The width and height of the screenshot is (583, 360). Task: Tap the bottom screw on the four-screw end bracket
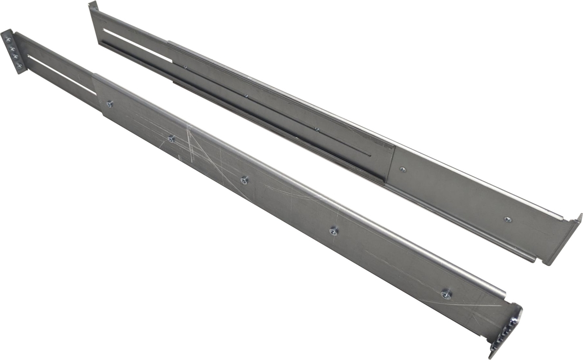pos(18,66)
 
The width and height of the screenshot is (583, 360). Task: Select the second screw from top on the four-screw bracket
pos(12,48)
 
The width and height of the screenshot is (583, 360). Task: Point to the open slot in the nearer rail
pos(61,74)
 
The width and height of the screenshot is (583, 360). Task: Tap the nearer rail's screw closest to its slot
pos(109,104)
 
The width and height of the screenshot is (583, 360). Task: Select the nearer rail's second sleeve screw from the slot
pos(171,139)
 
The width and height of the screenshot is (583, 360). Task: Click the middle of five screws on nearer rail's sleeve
pos(244,180)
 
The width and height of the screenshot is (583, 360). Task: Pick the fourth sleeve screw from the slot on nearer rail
pos(333,230)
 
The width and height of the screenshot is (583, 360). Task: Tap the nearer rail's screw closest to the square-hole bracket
pos(446,295)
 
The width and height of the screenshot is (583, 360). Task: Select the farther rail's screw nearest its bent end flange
pos(508,219)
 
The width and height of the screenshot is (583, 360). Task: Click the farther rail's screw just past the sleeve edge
pos(402,169)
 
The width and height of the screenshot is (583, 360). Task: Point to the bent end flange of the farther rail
pos(566,239)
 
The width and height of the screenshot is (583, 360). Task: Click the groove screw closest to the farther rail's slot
pos(186,68)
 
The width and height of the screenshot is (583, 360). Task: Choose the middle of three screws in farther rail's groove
pos(246,96)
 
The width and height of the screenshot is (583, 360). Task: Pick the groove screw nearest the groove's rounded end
pos(316,129)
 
